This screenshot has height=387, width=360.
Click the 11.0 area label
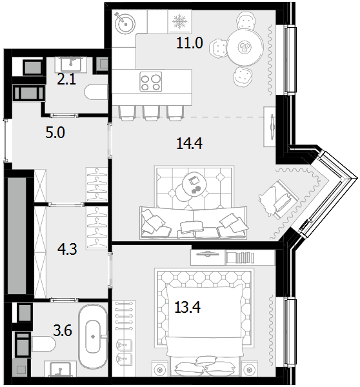tap(190, 43)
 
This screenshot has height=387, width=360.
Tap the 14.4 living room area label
tap(190, 143)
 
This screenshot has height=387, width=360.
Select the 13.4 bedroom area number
tap(187, 307)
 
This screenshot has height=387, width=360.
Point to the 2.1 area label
tap(66, 79)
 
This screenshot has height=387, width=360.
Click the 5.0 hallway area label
tap(55, 132)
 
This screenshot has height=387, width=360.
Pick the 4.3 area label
tap(67, 249)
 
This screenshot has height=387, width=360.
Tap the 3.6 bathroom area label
tap(63, 330)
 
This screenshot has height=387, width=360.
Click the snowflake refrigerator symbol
tap(180, 21)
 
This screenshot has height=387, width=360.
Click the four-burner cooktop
tap(150, 82)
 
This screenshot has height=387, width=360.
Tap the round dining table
tap(245, 47)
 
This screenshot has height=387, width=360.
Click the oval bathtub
tap(93, 336)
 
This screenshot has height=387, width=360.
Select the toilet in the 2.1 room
tap(96, 92)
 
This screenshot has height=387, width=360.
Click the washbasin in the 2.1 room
tap(71, 64)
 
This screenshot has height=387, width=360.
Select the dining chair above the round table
tap(245, 21)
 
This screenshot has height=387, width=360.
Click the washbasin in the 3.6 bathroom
tap(60, 369)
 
